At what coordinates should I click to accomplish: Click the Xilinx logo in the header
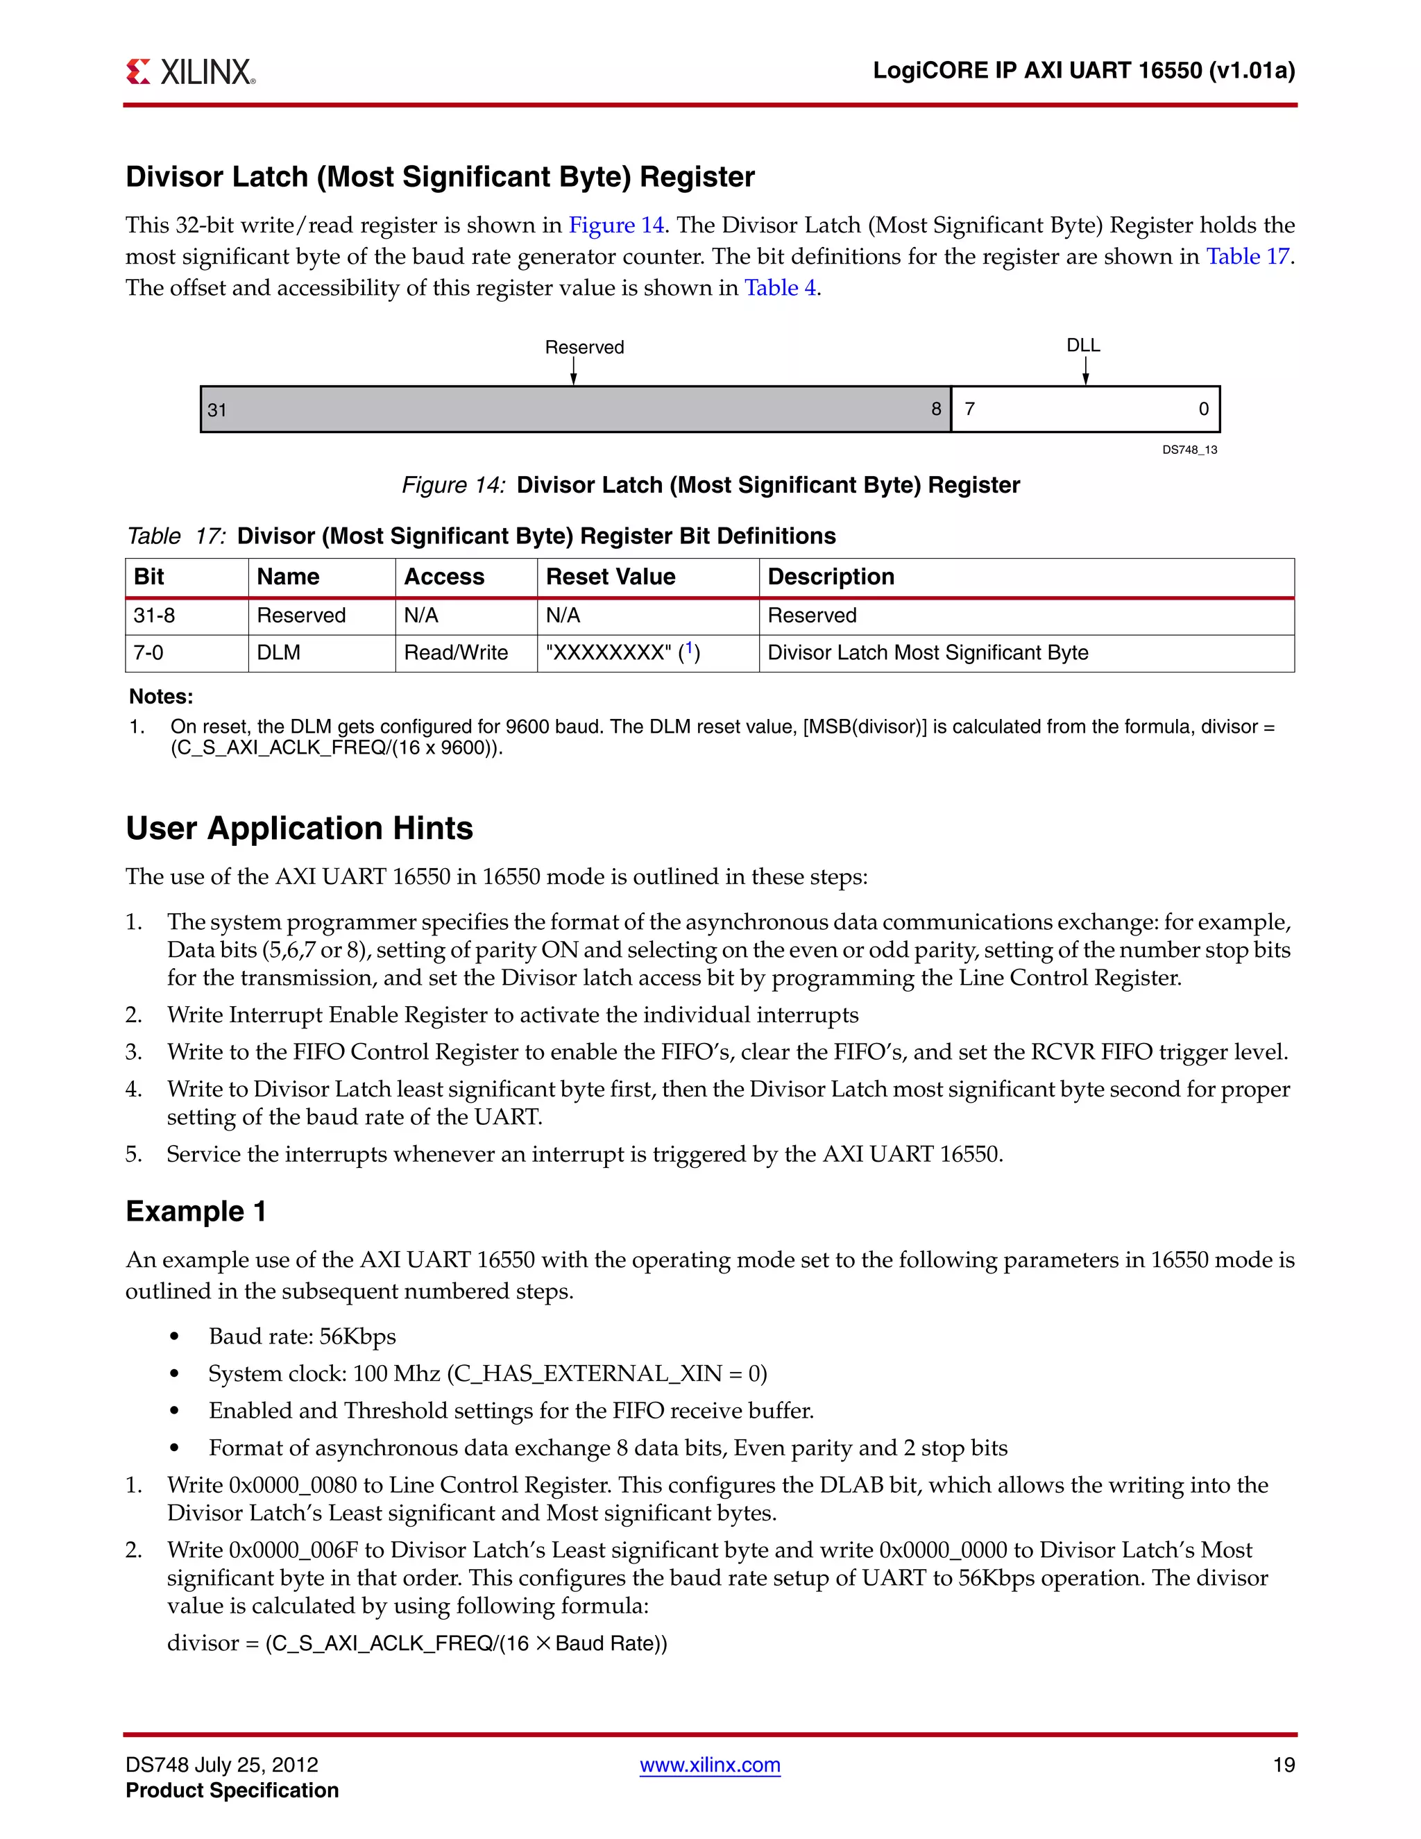point(190,71)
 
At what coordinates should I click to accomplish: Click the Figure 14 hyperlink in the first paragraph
point(616,225)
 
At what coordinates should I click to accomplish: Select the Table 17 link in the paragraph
point(1248,256)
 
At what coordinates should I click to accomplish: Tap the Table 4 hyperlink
point(779,288)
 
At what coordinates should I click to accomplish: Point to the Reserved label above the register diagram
point(584,347)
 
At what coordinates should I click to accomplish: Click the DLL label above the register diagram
point(1083,345)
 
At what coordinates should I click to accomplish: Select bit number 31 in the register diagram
point(217,410)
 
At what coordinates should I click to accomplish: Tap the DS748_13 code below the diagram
point(1189,450)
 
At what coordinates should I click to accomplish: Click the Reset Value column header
point(611,577)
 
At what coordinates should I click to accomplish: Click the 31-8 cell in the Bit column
point(154,616)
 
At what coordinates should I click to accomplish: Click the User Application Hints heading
point(299,829)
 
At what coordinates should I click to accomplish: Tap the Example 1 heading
point(196,1211)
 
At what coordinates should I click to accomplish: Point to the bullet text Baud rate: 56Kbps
point(303,1337)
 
